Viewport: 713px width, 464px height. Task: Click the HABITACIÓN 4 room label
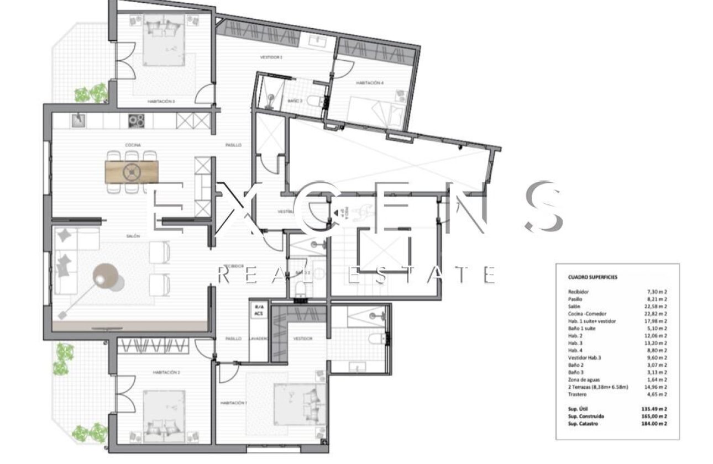click(x=370, y=83)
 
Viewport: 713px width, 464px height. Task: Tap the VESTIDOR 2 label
click(x=271, y=57)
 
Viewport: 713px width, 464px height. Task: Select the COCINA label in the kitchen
click(x=132, y=145)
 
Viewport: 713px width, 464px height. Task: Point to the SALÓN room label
click(x=133, y=236)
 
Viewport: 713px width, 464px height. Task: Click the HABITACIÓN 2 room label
click(x=166, y=372)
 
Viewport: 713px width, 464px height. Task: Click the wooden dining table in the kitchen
click(x=132, y=172)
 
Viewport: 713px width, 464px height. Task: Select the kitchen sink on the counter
click(x=79, y=120)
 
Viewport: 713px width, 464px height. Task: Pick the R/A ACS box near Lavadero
click(x=258, y=310)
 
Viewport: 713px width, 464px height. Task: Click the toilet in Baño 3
click(x=317, y=102)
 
